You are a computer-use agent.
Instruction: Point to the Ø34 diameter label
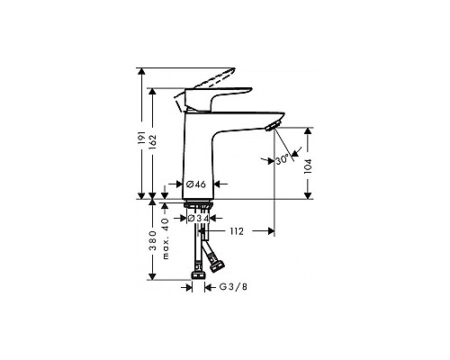pyautogui.click(x=200, y=218)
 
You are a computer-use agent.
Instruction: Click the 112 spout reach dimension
pyautogui.click(x=235, y=232)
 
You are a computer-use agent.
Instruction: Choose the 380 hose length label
pyautogui.click(x=150, y=243)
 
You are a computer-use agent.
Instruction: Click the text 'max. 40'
pyautogui.click(x=166, y=237)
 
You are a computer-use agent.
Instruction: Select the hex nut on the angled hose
pyautogui.click(x=216, y=264)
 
